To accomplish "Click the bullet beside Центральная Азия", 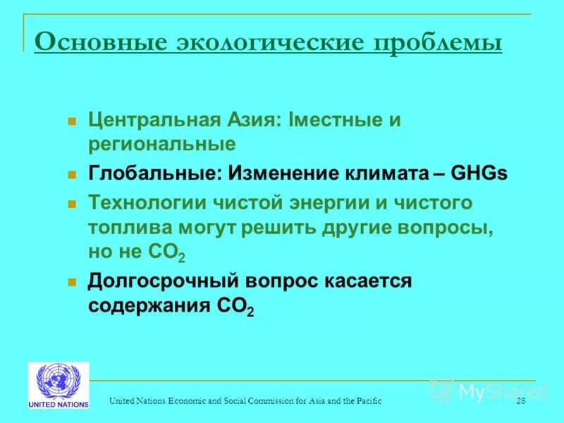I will (71, 121).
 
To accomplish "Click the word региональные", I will (161, 145).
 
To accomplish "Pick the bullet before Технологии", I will (71, 204).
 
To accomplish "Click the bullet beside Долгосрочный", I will (71, 282).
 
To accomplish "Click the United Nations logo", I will (59, 385).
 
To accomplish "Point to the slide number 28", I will (521, 401).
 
